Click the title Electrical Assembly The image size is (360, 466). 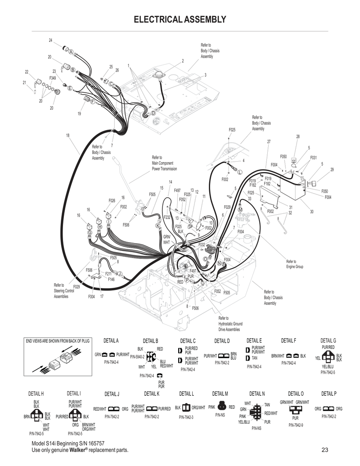tap(180, 19)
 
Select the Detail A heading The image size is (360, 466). tap(111, 340)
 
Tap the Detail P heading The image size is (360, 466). tap(328, 394)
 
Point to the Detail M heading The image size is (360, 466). tap(220, 394)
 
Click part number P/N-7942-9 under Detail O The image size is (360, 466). tap(296, 425)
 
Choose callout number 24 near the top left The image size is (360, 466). tap(51, 41)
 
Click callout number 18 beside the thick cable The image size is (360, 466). tap(67, 136)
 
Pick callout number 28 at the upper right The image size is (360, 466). tap(297, 136)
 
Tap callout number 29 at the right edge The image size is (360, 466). tap(332, 169)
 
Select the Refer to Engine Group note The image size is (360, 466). tap(295, 264)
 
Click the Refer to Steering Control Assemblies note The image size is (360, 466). tap(61, 291)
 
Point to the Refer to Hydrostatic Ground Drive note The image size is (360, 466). tap(230, 324)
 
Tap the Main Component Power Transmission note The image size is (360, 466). tap(164, 163)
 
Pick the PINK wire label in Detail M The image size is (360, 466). tap(211, 407)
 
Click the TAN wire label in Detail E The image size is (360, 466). tap(255, 358)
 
